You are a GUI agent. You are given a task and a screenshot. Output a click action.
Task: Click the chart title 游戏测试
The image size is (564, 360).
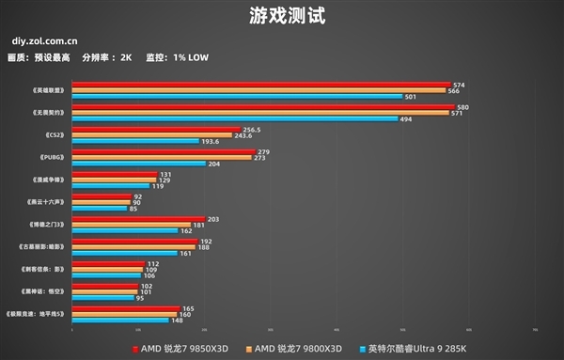(x=282, y=17)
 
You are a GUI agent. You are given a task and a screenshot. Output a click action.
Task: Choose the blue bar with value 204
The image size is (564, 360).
(x=139, y=164)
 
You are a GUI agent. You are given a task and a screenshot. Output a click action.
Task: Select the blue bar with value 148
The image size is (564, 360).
(x=119, y=320)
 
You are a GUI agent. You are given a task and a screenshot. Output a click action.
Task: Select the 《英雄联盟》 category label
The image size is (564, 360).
(x=48, y=90)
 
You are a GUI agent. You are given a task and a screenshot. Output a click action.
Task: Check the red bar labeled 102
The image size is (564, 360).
(x=104, y=287)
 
